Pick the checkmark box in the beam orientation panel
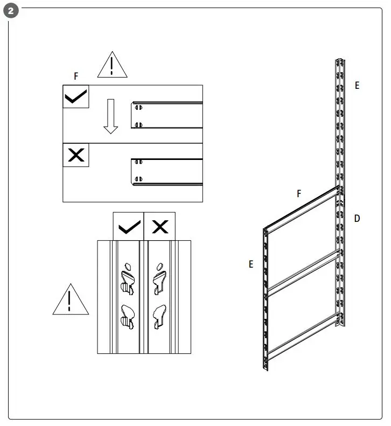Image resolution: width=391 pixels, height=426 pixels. (x=76, y=97)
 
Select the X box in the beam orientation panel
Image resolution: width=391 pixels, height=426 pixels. (x=76, y=155)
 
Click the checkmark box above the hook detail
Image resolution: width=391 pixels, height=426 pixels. (x=128, y=226)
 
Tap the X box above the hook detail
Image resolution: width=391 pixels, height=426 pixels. (x=159, y=226)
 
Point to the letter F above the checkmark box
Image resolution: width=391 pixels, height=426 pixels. (x=76, y=77)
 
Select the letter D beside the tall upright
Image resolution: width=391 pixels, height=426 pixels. (x=357, y=219)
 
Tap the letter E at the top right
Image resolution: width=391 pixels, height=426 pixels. (x=357, y=85)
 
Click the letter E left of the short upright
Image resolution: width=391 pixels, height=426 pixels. (x=251, y=264)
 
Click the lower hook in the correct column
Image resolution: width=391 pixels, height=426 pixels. (x=128, y=316)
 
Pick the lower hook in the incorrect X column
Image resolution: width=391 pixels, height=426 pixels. (x=159, y=316)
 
